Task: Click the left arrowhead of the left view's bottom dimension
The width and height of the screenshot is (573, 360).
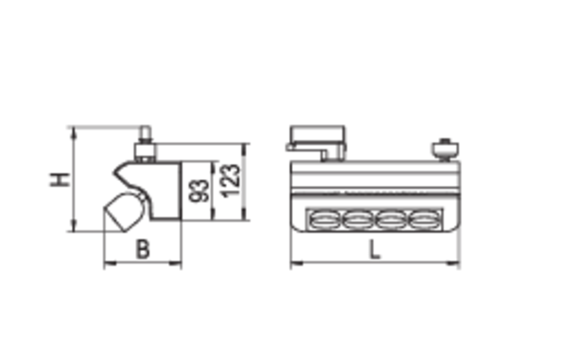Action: (110, 259)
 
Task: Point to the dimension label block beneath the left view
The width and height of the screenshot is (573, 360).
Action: (143, 246)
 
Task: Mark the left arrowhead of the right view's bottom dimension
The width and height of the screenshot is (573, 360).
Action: (296, 259)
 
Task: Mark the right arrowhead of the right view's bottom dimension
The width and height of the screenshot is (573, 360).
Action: (454, 259)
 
